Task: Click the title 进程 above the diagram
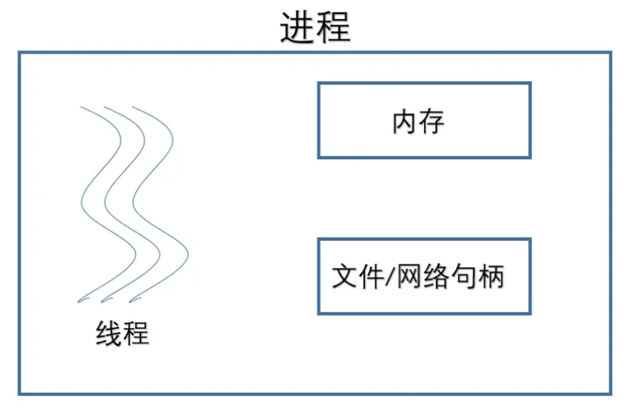pos(315,27)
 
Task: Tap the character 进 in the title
pos(298,27)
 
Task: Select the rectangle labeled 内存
pos(424,120)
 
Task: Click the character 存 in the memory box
pos(432,122)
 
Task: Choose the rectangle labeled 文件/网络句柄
pos(424,276)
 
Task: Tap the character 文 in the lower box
pos(345,276)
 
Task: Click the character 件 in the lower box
pos(372,276)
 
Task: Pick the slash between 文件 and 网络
pos(391,276)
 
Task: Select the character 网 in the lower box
pos(410,276)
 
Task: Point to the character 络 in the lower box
pos(437,276)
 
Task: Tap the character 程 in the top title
pos(334,27)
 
